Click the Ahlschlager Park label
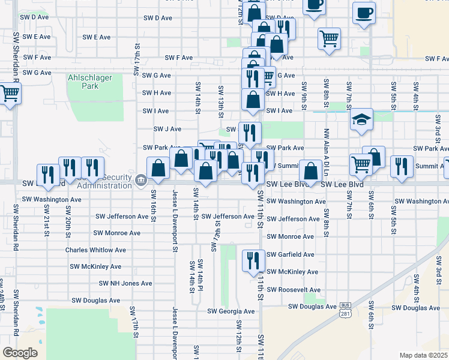99,82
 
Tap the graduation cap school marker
362,121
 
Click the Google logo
20,353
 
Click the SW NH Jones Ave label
125,283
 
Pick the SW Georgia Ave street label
231,311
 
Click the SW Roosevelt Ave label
294,290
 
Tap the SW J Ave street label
167,129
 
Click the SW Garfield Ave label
291,254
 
